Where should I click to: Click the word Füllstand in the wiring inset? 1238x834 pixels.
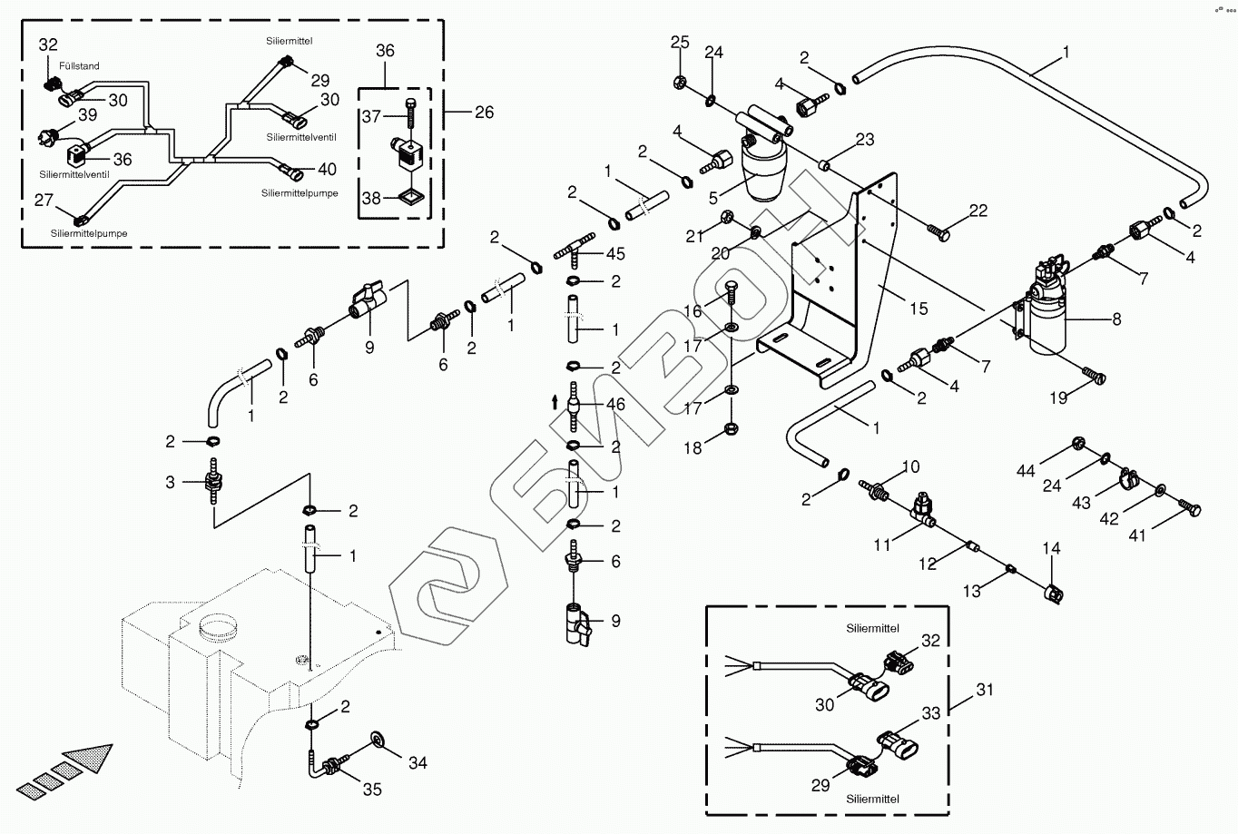tap(79, 66)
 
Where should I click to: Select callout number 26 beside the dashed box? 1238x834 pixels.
tap(484, 113)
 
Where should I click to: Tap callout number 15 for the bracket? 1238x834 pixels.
tap(919, 309)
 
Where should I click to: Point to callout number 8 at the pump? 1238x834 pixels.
tap(1115, 319)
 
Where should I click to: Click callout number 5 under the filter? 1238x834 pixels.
tap(713, 197)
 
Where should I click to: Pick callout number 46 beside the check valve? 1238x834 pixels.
tap(615, 404)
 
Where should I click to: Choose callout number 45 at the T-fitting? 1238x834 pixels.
tap(615, 254)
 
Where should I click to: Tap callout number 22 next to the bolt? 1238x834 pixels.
tap(978, 211)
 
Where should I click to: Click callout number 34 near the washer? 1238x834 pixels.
tap(418, 763)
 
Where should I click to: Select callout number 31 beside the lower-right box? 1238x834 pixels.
tap(985, 690)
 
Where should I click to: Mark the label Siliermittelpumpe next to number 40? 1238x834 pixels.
tap(300, 193)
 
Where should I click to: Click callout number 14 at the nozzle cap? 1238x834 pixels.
tap(1051, 548)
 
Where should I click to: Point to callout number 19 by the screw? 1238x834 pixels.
tap(1058, 397)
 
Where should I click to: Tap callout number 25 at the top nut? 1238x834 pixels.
tap(680, 42)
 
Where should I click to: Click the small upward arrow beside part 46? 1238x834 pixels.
tap(555, 402)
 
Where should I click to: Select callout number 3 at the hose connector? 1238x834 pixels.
tap(170, 482)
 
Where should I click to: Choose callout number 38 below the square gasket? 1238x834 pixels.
tap(371, 198)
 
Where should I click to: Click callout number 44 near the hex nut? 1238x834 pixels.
tap(1026, 470)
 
